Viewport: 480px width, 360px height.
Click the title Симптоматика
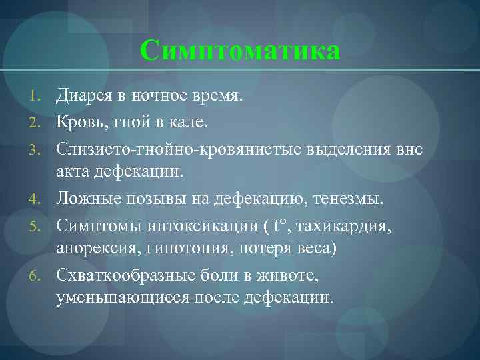240,51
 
